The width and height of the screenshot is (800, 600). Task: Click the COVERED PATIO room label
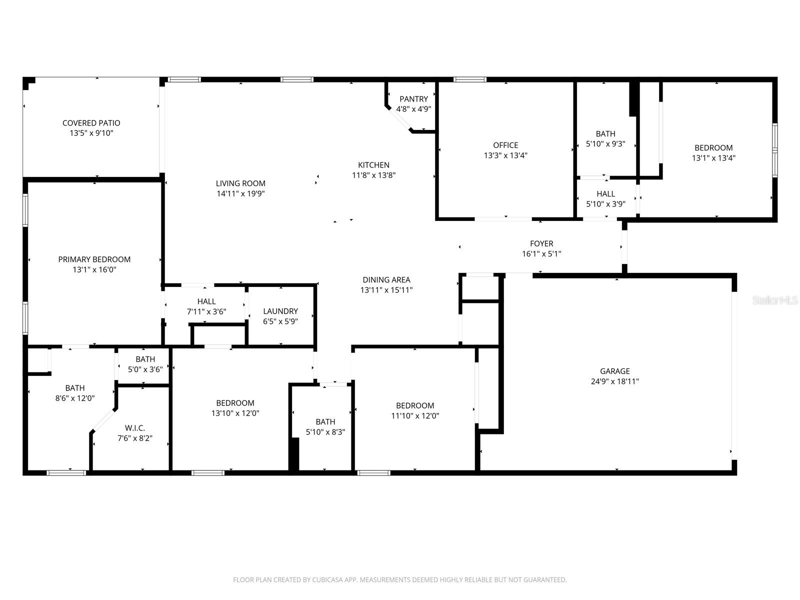pos(91,123)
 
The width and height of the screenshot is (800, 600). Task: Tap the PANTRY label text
pos(413,99)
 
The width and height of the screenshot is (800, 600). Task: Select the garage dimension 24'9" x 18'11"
pos(614,381)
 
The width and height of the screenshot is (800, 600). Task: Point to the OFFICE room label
pos(505,145)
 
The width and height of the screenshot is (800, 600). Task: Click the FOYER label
pos(541,243)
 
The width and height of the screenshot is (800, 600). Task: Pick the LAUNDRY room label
pos(280,311)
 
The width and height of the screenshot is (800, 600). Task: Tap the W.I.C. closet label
pos(135,428)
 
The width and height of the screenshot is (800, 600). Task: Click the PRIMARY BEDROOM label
pos(94,259)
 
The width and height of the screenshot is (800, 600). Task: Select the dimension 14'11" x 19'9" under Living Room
pos(240,193)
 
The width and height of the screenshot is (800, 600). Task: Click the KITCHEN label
pos(373,165)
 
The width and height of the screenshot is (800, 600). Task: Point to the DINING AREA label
pos(386,280)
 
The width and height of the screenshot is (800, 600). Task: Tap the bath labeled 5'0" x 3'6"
pos(145,359)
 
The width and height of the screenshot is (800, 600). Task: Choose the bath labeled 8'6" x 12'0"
pos(74,388)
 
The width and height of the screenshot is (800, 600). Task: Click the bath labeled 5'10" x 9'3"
pos(605,133)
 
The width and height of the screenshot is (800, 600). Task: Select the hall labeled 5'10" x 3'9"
pos(605,194)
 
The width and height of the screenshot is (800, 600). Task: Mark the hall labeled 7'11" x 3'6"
pos(206,301)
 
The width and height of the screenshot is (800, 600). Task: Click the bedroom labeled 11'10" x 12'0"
pos(414,405)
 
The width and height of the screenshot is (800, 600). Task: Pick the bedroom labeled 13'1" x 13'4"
pos(713,148)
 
